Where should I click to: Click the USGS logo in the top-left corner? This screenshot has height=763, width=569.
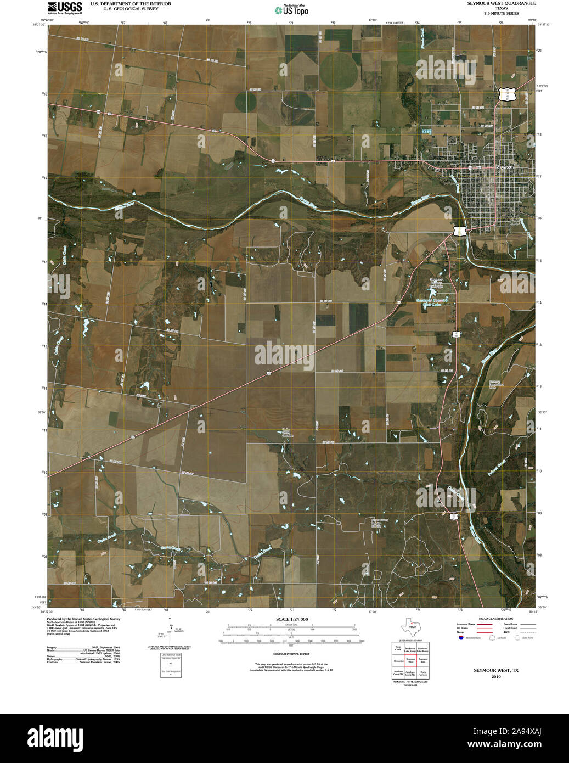coord(64,7)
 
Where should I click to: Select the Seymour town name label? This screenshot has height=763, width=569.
coord(504,166)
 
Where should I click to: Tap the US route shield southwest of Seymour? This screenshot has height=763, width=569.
coord(460,231)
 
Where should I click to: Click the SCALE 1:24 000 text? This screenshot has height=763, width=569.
coord(291,619)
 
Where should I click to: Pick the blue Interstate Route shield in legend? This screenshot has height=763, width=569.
coord(461,637)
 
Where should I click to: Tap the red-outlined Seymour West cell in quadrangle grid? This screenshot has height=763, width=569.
coord(410,661)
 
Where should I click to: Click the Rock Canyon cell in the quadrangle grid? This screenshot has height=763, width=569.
coord(423,673)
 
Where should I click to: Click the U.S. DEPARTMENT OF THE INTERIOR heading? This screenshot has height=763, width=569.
coord(131,4)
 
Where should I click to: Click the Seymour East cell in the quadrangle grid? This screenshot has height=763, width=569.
coord(423,661)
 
